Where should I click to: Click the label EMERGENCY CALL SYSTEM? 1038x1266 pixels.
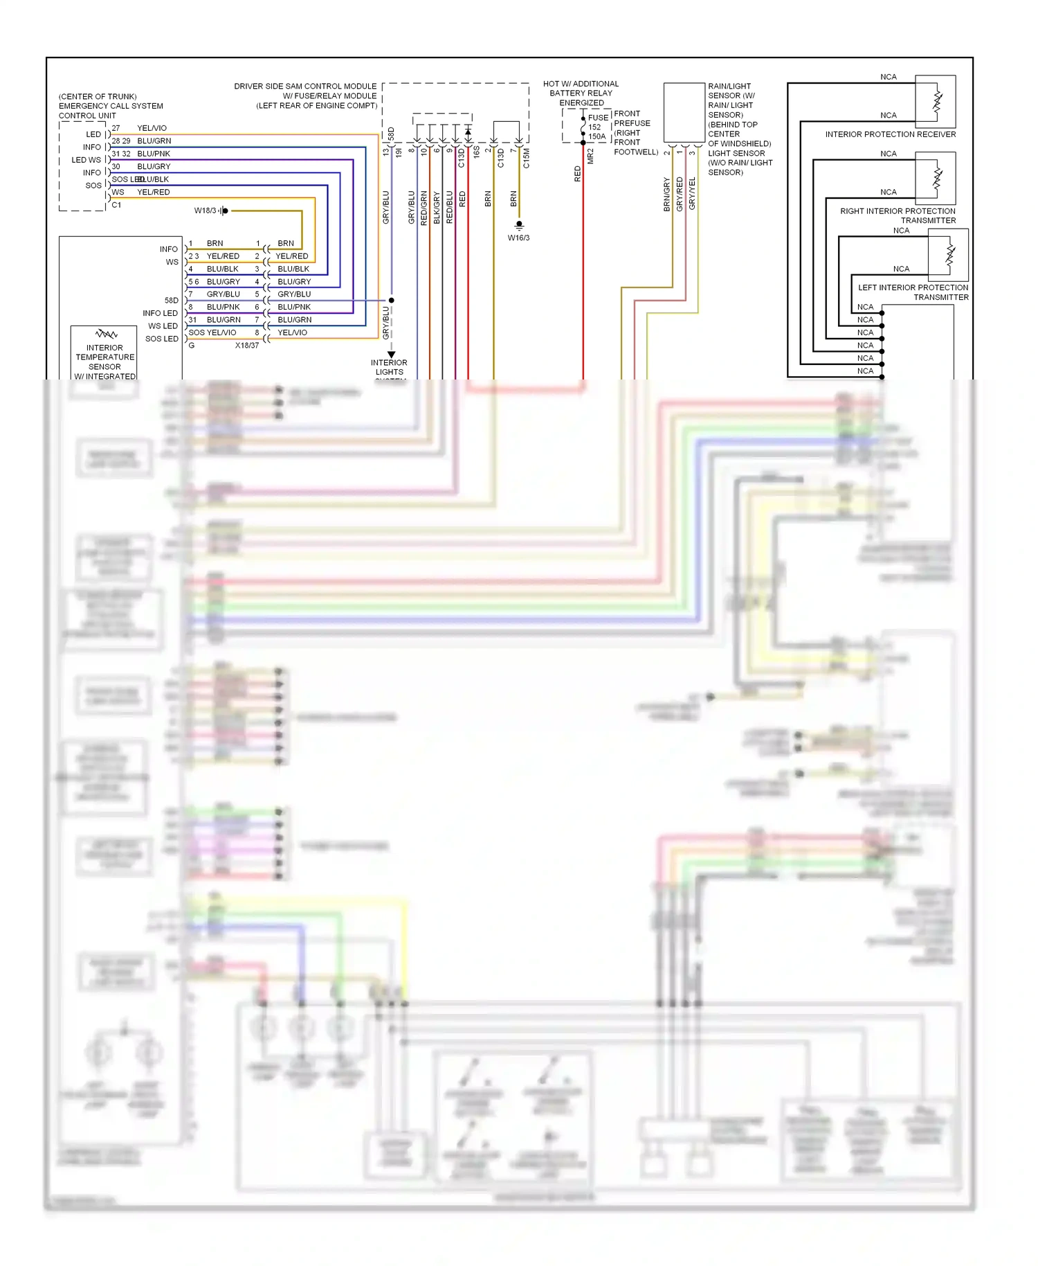111,106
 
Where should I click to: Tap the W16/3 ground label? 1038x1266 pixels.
518,238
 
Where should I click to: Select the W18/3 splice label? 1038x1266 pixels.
205,211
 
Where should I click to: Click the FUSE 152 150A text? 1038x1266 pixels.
597,127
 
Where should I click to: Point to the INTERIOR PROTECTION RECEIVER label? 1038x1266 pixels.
890,134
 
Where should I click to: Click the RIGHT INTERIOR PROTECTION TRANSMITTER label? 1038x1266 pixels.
898,215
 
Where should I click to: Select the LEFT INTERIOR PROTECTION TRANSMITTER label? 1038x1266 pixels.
913,292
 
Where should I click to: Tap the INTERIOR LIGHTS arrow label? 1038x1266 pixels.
389,367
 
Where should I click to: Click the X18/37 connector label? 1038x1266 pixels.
246,345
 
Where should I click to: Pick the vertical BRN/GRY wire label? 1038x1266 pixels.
667,195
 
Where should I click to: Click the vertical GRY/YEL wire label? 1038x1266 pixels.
692,194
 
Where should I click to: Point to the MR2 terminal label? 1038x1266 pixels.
590,156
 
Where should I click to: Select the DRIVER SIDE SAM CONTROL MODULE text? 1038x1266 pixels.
305,87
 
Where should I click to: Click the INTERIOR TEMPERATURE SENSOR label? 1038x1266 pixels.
104,357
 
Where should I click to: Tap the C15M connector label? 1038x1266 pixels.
526,158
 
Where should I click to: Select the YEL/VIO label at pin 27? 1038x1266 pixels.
152,128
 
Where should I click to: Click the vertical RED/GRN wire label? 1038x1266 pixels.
424,208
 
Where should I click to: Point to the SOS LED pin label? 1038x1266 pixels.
161,339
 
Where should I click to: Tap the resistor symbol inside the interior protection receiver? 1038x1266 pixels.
938,101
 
